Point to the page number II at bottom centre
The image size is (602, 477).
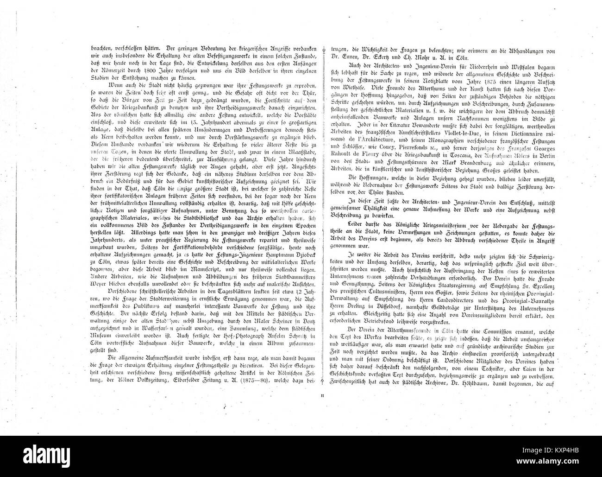point(323,395)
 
